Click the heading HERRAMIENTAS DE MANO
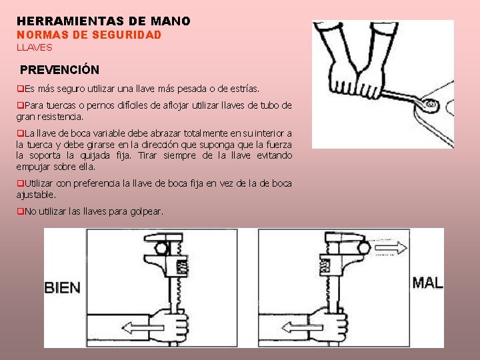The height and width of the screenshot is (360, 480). [x=103, y=21]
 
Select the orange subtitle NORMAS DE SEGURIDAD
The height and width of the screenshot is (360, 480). [x=89, y=35]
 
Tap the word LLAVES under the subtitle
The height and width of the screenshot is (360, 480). [x=35, y=47]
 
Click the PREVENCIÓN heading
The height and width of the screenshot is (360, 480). [x=60, y=69]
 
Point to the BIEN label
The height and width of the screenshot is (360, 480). [x=63, y=288]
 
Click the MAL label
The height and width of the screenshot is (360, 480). [x=427, y=283]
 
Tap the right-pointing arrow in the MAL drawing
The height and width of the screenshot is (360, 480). [x=391, y=247]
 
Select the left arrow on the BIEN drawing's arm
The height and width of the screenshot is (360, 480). [x=143, y=328]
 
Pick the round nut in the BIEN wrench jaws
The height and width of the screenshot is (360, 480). [x=161, y=248]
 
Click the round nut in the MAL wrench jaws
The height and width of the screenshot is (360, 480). [x=365, y=247]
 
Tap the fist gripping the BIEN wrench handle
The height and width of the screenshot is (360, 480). [x=169, y=325]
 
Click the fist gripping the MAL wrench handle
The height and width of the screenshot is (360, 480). [x=329, y=325]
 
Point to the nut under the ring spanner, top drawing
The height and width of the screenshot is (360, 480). [x=431, y=105]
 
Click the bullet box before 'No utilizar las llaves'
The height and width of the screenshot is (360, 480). [x=20, y=211]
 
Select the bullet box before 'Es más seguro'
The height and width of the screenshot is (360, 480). [x=20, y=89]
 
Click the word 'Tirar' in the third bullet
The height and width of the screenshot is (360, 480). [x=147, y=155]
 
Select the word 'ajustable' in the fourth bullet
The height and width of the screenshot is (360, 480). [x=36, y=195]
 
